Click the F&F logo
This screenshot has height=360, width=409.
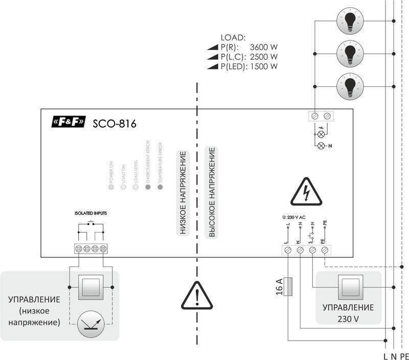pos(69,123)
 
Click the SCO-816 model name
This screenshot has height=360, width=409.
pos(114,123)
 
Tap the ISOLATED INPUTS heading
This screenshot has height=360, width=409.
pos(90,213)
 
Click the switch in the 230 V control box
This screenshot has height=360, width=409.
pos(348,287)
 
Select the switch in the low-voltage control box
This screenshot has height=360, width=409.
pos(90,287)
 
